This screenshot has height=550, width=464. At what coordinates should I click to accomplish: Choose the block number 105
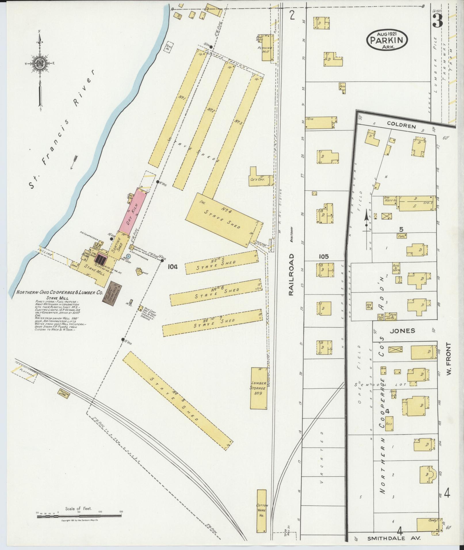coord(324,256)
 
